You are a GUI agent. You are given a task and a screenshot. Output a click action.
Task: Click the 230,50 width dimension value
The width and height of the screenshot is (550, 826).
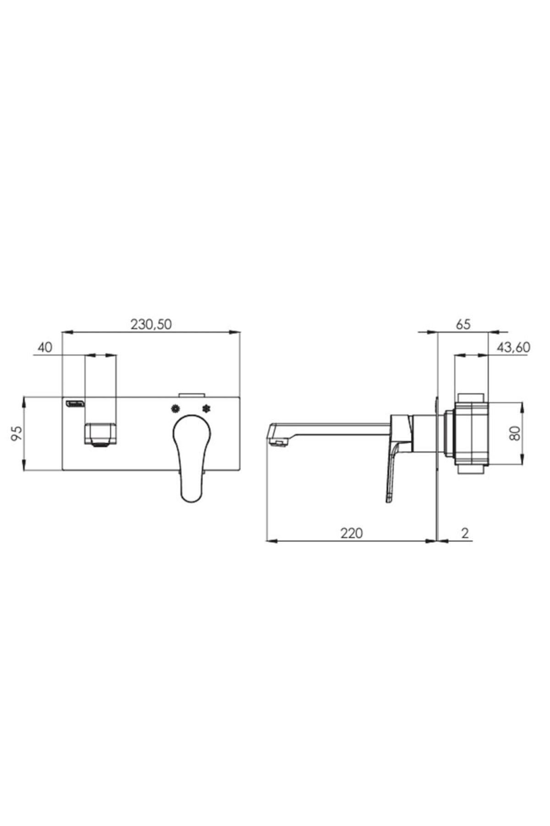click(151, 324)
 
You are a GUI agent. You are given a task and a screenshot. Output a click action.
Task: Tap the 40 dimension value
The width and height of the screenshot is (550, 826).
click(45, 348)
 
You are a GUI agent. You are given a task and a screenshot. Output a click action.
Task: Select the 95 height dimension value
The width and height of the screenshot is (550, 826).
click(16, 433)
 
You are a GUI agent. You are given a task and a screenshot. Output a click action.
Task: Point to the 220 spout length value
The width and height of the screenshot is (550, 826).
click(351, 533)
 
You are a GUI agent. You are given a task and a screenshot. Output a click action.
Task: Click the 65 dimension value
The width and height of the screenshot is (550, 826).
click(463, 324)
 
